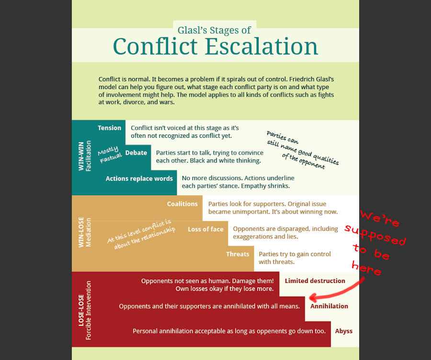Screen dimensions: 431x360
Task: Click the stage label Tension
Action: (x=110, y=128)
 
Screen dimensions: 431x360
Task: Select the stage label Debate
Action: (x=136, y=153)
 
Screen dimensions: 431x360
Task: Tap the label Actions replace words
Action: (x=139, y=179)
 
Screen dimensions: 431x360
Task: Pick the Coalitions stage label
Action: (x=182, y=204)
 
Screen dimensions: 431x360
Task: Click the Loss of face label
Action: (x=205, y=229)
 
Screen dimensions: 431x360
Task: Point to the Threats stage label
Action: (x=238, y=254)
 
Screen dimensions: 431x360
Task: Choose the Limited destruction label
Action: (x=315, y=281)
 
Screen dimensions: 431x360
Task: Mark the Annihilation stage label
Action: (x=329, y=306)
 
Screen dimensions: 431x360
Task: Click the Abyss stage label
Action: (x=344, y=331)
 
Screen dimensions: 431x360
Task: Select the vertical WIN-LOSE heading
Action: (x=81, y=232)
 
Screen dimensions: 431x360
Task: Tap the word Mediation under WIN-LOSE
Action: (x=89, y=233)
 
